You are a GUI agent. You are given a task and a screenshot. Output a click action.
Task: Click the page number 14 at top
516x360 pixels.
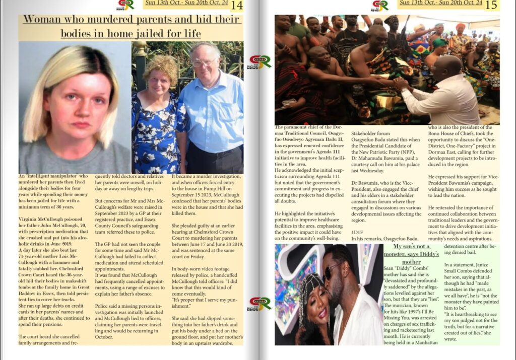tap(237, 6)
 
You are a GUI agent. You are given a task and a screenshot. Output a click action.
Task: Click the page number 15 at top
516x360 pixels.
tap(491, 6)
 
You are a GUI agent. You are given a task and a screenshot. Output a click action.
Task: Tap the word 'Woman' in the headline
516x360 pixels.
tap(42, 20)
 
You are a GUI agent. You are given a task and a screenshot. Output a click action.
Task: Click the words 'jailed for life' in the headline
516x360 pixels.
tap(167, 34)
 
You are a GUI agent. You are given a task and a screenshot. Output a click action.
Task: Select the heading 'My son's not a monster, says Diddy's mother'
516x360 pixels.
tap(412, 254)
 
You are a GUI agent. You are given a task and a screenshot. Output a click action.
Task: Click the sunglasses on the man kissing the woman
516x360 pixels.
tap(333, 271)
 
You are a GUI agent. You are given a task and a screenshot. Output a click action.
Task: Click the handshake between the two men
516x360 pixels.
tap(399, 83)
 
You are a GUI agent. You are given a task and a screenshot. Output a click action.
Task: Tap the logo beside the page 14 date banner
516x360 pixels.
tap(126, 5)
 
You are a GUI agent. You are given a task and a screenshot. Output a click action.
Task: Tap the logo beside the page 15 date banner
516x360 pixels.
tap(380, 5)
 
